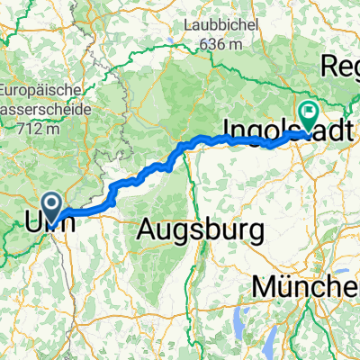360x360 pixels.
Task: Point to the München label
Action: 306,287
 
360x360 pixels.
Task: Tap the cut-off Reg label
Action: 340,69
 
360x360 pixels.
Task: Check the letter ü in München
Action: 287,287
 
